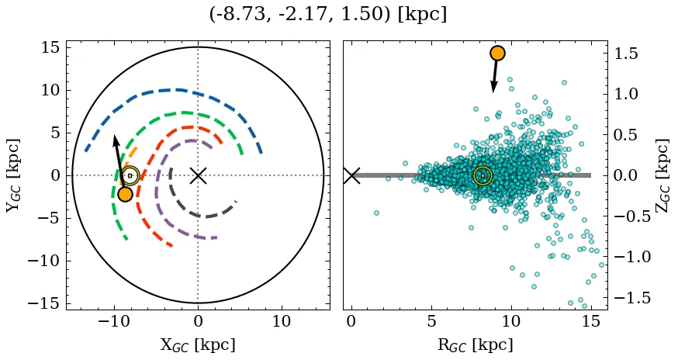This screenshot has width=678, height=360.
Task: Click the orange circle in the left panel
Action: pyautogui.click(x=125, y=194)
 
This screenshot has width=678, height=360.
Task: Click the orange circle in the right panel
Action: pyautogui.click(x=497, y=53)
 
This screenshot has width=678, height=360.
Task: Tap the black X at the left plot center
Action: pyautogui.click(x=198, y=175)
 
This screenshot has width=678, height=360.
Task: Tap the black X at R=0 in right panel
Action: pyautogui.click(x=351, y=175)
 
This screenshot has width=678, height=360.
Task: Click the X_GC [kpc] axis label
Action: pyautogui.click(x=198, y=344)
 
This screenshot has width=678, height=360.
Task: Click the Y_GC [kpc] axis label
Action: pyautogui.click(x=13, y=175)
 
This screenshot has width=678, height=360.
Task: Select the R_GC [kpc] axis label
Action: pyautogui.click(x=475, y=344)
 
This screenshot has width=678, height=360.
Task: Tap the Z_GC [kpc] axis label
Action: pyautogui.click(x=662, y=175)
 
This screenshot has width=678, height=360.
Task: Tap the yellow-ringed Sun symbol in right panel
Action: pyautogui.click(x=483, y=176)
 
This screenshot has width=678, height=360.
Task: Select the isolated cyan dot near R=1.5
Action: pyautogui.click(x=376, y=213)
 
